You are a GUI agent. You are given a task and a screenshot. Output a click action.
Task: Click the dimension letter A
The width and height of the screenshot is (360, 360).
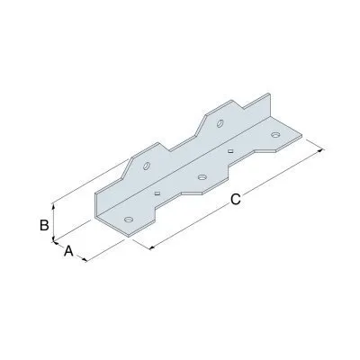point(68,253)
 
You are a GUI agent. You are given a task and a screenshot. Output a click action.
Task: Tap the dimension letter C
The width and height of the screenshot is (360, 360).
point(235,202)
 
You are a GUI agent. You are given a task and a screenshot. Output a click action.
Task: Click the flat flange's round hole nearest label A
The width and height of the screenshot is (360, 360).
point(128,219)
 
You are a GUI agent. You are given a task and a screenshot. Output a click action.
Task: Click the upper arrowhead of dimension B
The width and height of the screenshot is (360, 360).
point(55,203)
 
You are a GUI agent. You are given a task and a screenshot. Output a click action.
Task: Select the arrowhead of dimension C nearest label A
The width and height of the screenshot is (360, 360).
point(148,247)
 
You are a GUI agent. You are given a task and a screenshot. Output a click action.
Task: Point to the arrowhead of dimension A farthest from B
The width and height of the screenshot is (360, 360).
point(87,260)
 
